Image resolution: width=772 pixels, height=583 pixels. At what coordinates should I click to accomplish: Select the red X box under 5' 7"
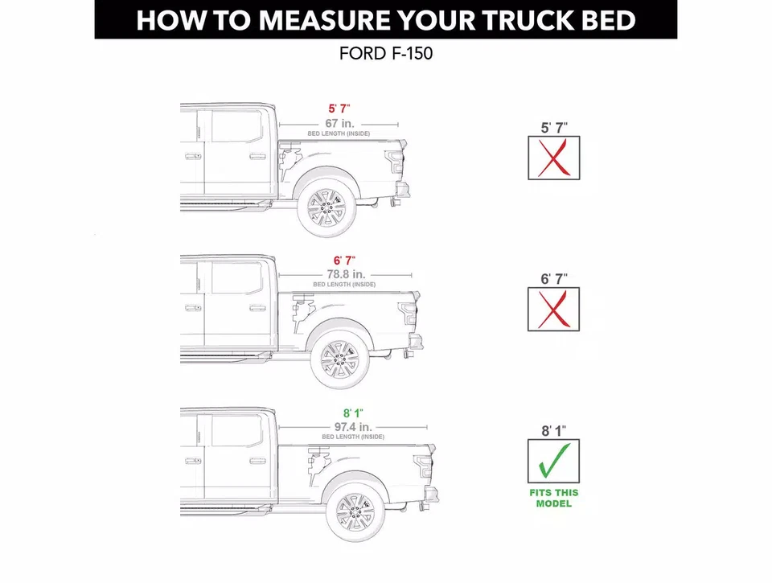coord(553,158)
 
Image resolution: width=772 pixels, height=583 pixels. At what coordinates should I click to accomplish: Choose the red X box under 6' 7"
coord(553,310)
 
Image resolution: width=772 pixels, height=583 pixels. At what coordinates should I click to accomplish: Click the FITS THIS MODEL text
coord(553,498)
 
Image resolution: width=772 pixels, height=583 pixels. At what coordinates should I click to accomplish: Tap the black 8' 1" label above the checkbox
coord(553,431)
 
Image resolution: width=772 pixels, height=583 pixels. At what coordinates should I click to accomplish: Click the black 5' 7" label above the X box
coord(553,127)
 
